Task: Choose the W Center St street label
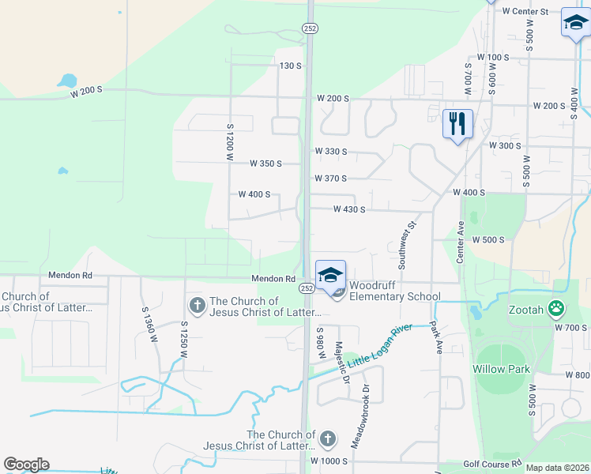pyautogui.click(x=519, y=12)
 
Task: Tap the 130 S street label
pyautogui.click(x=291, y=66)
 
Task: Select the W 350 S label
pyautogui.click(x=265, y=164)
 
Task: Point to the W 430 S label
pyautogui.click(x=349, y=209)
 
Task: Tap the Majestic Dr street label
pyautogui.click(x=342, y=362)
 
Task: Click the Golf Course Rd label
pyautogui.click(x=492, y=463)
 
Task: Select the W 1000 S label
pyautogui.click(x=329, y=461)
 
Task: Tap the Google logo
pyautogui.click(x=26, y=465)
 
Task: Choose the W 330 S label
pyautogui.click(x=331, y=151)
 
